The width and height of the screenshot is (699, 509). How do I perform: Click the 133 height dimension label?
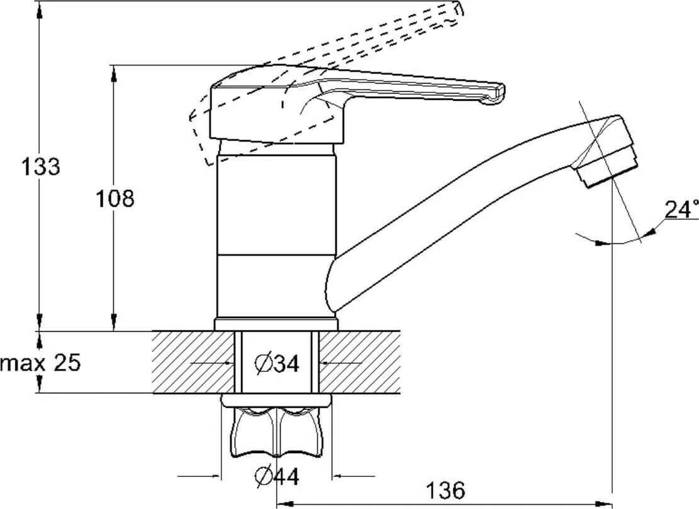[41, 167]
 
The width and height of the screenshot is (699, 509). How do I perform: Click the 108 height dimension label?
[115, 199]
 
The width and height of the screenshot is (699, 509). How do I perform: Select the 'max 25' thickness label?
[41, 363]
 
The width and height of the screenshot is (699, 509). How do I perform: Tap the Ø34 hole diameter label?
[276, 363]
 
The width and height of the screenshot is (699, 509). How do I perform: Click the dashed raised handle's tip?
[458, 9]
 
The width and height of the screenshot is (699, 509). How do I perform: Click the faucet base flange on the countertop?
[276, 324]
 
